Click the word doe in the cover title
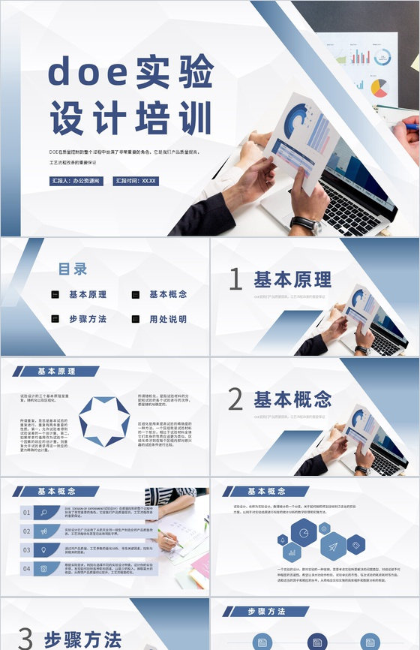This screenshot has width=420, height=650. pyautogui.click(x=87, y=73)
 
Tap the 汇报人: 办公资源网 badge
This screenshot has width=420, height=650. pyautogui.click(x=77, y=181)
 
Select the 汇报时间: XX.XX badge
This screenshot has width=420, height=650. pyautogui.click(x=136, y=181)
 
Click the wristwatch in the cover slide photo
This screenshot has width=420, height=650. pyautogui.click(x=304, y=224)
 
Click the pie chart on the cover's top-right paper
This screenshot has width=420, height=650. pyautogui.click(x=380, y=88)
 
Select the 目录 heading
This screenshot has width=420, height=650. pyautogui.click(x=73, y=269)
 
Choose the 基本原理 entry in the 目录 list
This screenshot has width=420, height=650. pyautogui.click(x=88, y=295)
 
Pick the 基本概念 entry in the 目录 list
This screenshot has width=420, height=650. pyautogui.click(x=168, y=295)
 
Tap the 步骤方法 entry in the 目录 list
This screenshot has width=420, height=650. pyautogui.click(x=88, y=319)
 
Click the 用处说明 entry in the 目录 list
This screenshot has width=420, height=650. pyautogui.click(x=168, y=319)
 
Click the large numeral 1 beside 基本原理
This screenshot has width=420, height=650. pyautogui.click(x=235, y=280)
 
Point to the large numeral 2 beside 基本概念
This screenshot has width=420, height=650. pyautogui.click(x=235, y=399)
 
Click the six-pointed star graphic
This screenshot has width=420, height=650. pyautogui.click(x=104, y=422)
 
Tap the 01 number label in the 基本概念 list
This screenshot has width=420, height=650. pyautogui.click(x=27, y=513)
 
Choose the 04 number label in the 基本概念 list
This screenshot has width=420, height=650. pyautogui.click(x=27, y=568)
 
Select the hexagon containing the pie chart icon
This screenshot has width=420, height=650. pyautogui.click(x=304, y=533)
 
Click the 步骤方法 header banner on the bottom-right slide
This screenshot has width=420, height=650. pyautogui.click(x=267, y=612)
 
